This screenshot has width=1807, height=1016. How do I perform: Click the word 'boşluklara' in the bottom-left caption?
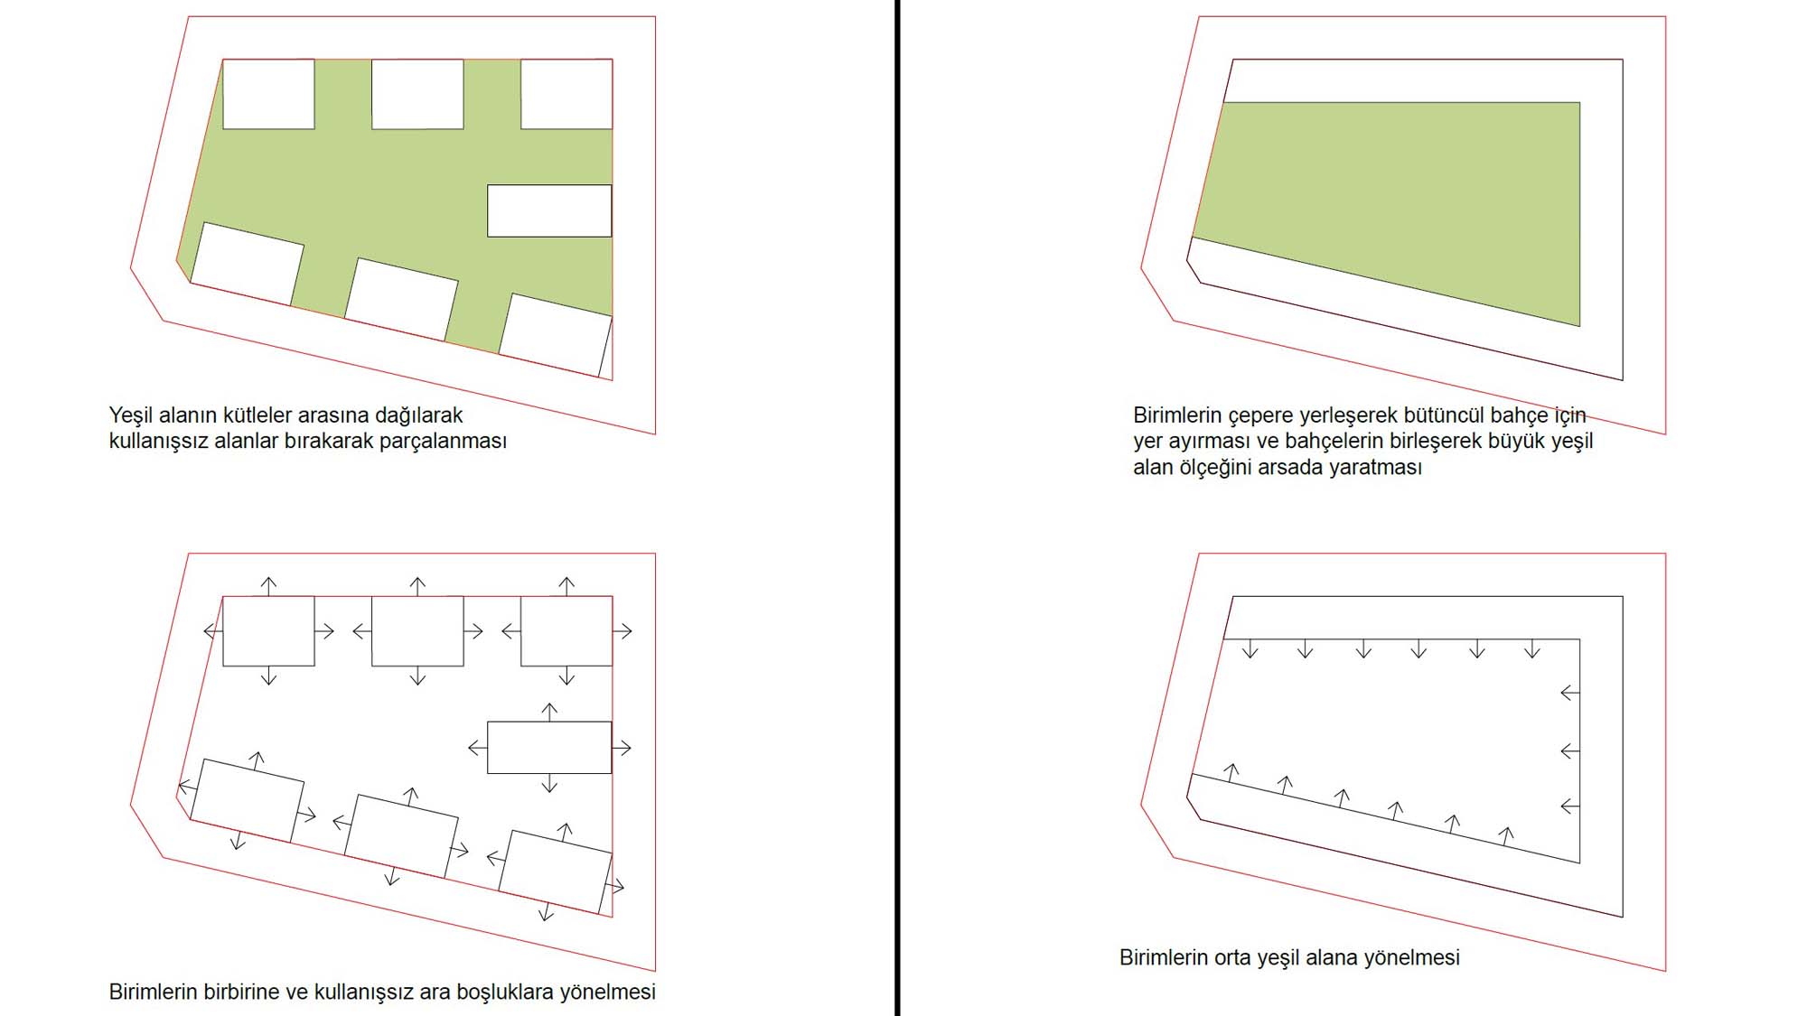505,992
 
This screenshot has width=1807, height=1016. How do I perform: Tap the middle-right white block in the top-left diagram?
549,210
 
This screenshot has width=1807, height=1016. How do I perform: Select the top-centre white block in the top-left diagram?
417,94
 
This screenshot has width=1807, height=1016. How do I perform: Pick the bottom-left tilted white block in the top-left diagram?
247,264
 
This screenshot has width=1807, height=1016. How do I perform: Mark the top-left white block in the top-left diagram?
268,94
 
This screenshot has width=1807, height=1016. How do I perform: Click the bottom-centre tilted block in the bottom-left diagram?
401,836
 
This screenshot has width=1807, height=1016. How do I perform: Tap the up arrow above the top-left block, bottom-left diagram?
268,585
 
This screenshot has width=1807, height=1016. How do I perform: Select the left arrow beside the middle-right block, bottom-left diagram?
478,748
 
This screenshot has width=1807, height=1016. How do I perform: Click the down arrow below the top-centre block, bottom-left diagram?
417,676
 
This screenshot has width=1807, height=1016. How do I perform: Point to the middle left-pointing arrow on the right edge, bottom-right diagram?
1570,750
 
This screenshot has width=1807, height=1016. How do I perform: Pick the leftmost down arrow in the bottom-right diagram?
1250,648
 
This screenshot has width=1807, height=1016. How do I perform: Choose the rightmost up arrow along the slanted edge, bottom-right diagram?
1506,835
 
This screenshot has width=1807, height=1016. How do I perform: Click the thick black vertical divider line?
897,508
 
